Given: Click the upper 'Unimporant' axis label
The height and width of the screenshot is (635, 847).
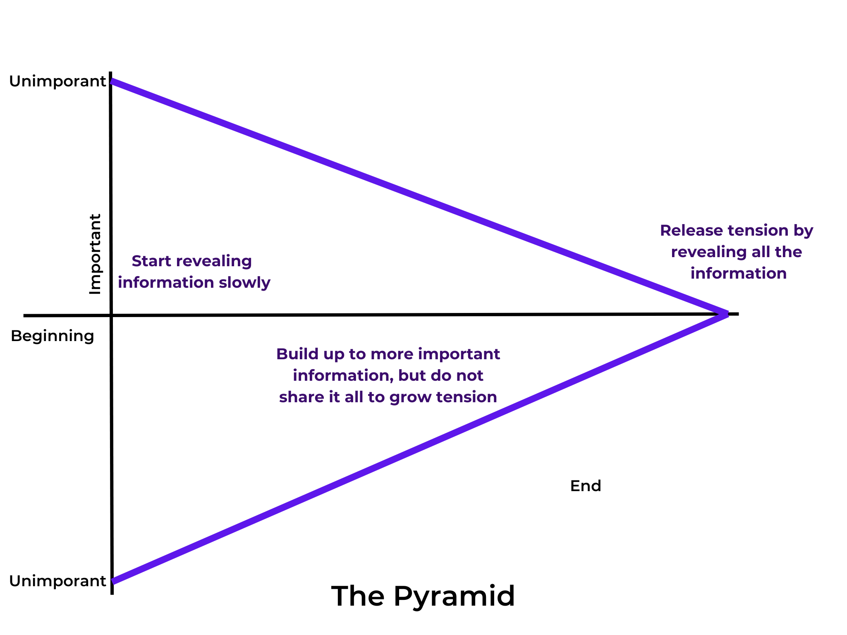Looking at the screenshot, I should [x=57, y=81].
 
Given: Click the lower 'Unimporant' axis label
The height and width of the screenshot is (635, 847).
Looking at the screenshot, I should [x=57, y=581].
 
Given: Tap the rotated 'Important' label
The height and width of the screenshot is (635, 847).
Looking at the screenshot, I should [x=96, y=254].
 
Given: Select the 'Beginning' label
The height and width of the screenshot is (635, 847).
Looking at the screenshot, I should [x=53, y=336].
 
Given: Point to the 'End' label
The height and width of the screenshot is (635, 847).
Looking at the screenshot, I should [x=585, y=486].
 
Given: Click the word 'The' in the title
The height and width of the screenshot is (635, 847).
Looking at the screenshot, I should [x=358, y=596].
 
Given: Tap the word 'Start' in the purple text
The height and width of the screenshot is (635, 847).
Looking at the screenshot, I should [x=151, y=261].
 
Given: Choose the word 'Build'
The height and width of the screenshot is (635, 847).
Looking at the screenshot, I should [x=293, y=354].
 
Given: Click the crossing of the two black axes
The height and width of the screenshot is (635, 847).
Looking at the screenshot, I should [x=111, y=315].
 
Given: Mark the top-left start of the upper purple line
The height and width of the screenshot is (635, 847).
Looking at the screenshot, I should [x=112, y=81].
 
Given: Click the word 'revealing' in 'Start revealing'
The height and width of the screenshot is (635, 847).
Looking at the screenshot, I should [x=214, y=261].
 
